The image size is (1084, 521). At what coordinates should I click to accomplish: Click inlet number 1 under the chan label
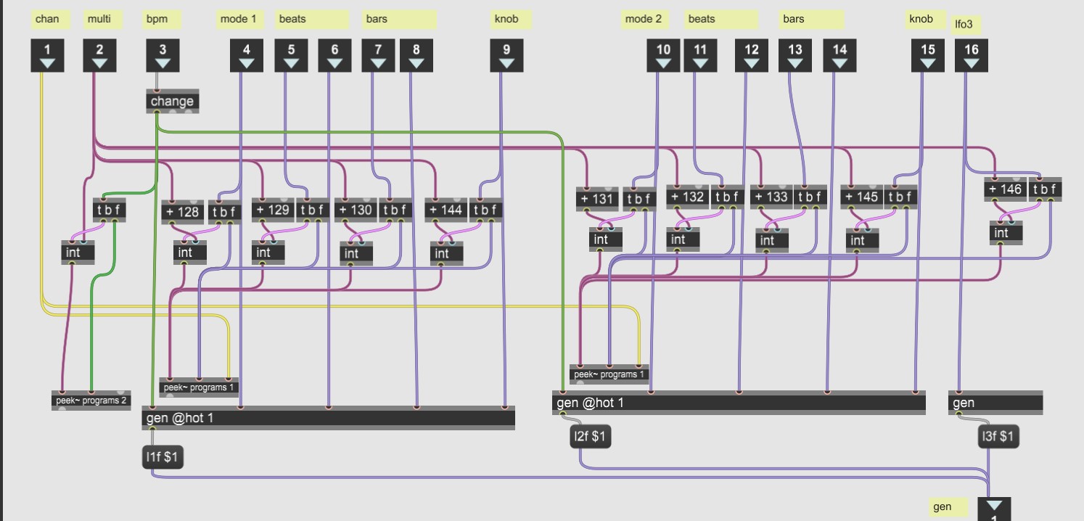(x=48, y=56)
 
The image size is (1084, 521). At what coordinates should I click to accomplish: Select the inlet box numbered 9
(x=506, y=56)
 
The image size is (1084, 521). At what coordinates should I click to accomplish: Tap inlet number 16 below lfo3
(x=971, y=56)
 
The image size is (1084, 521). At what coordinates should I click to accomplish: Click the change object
(x=172, y=102)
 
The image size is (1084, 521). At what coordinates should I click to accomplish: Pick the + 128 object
(x=182, y=212)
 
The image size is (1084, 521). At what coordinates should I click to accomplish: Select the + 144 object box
(x=445, y=210)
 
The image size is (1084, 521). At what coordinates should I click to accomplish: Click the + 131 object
(x=597, y=199)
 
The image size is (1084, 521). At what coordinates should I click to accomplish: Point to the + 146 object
(x=1004, y=189)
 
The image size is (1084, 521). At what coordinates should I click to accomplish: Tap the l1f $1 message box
(x=163, y=458)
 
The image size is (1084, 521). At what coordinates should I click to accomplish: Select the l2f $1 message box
(x=591, y=437)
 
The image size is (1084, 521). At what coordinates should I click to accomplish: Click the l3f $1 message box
(x=998, y=437)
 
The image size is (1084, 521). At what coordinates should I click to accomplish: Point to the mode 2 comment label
(x=644, y=20)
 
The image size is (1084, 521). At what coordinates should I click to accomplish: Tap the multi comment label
(x=99, y=20)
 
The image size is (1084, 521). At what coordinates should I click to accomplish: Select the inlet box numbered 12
(x=752, y=56)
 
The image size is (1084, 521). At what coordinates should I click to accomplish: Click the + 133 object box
(x=771, y=197)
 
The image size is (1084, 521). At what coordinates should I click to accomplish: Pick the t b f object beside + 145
(x=900, y=197)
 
